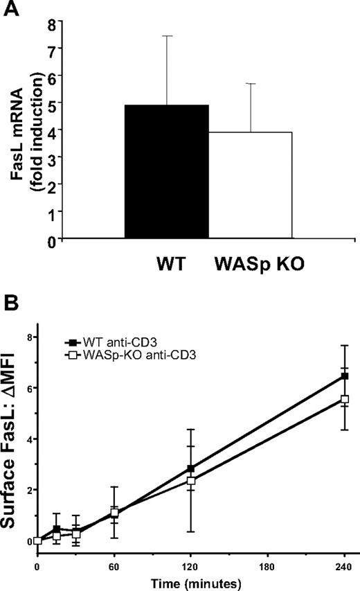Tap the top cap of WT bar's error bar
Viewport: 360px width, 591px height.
pyautogui.click(x=167, y=36)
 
